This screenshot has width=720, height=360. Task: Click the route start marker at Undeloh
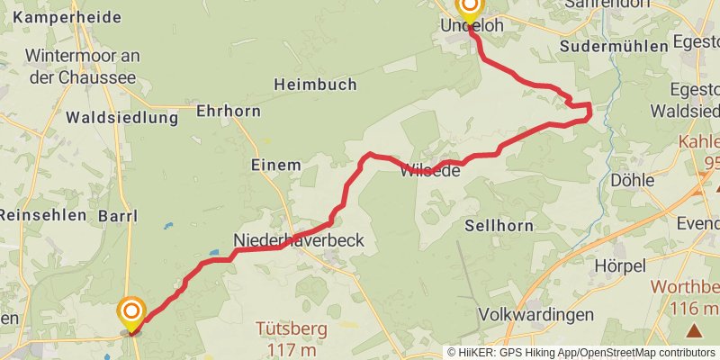pyautogui.click(x=469, y=8)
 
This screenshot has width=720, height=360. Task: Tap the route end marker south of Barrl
pyautogui.click(x=131, y=314)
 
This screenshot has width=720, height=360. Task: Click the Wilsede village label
pyautogui.click(x=434, y=170)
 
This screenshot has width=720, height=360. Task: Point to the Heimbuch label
pyautogui.click(x=315, y=84)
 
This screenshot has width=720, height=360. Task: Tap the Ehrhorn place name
pyautogui.click(x=229, y=112)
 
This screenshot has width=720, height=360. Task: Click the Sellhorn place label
pyautogui.click(x=499, y=225)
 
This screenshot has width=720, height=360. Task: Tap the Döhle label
pyautogui.click(x=632, y=180)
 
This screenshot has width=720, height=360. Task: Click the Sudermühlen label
pyautogui.click(x=612, y=46)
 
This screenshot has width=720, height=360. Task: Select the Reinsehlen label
pyautogui.click(x=42, y=215)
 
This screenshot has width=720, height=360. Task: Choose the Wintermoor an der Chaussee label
pyautogui.click(x=80, y=66)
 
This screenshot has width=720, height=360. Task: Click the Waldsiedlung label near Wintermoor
pyautogui.click(x=109, y=117)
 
